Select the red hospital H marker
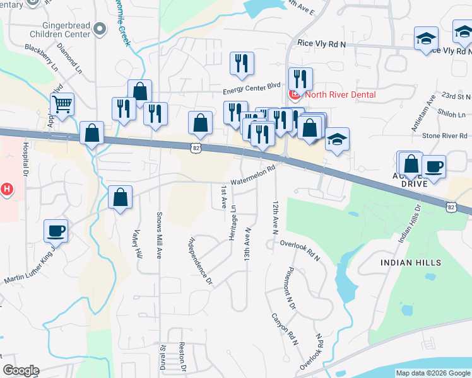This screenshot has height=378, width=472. [x=6, y=188]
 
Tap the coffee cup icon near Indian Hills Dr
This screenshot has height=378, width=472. [x=434, y=166]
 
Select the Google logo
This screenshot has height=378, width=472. [x=21, y=370]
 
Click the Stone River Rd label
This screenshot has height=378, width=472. [x=444, y=135]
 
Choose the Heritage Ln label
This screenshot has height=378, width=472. [x=233, y=222]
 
